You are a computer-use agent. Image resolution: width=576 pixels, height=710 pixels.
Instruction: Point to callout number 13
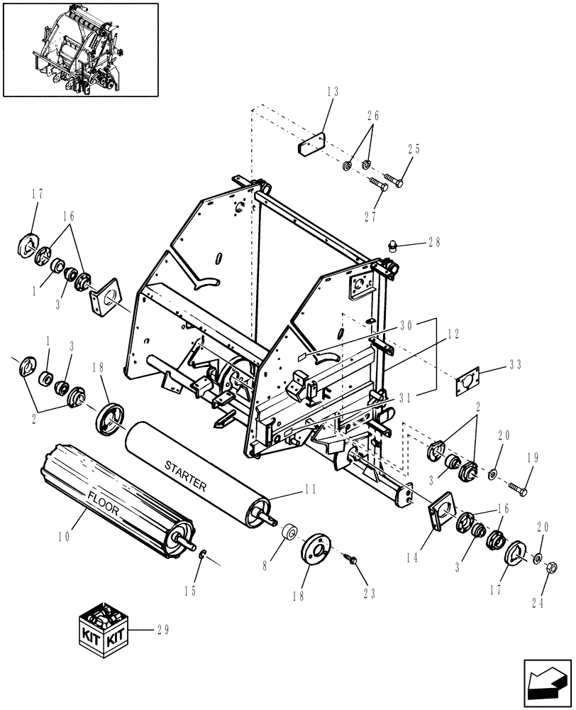333,92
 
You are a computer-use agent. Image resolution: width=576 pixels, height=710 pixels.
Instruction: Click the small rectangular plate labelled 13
310,148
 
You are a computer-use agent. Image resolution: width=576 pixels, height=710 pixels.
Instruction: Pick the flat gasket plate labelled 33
467,383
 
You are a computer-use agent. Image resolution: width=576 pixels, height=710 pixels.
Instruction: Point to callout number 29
164,629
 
